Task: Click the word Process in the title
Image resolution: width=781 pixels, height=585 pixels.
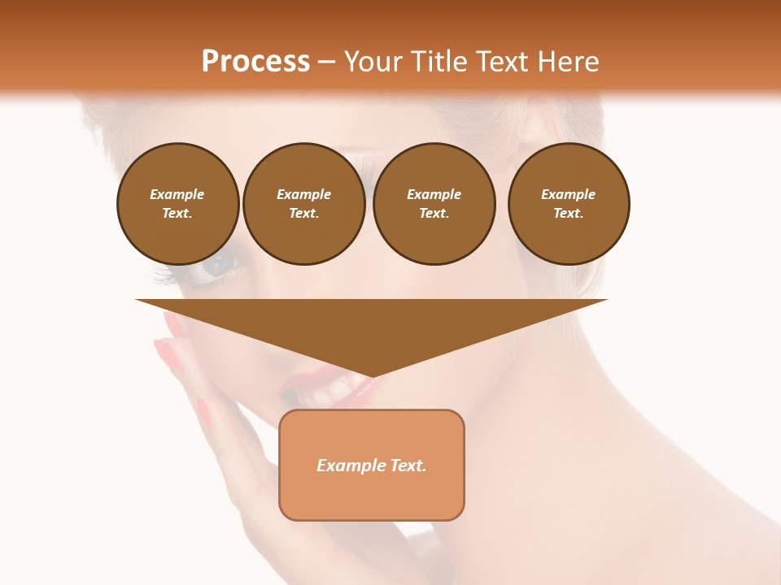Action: pyautogui.click(x=255, y=61)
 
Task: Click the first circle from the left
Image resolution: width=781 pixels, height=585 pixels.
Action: pyautogui.click(x=178, y=204)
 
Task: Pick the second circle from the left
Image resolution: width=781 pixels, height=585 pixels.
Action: pyautogui.click(x=304, y=204)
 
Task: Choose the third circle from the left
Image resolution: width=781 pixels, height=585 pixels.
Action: pyautogui.click(x=434, y=204)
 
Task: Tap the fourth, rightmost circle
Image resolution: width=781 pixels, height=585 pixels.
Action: pyautogui.click(x=569, y=204)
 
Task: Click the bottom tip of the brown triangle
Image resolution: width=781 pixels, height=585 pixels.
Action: pyautogui.click(x=372, y=376)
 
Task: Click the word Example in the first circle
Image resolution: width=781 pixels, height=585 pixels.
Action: pyautogui.click(x=177, y=194)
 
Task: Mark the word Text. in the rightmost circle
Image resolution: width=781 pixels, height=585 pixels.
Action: pyautogui.click(x=569, y=214)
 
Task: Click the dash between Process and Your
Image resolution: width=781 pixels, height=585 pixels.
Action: pyautogui.click(x=327, y=62)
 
